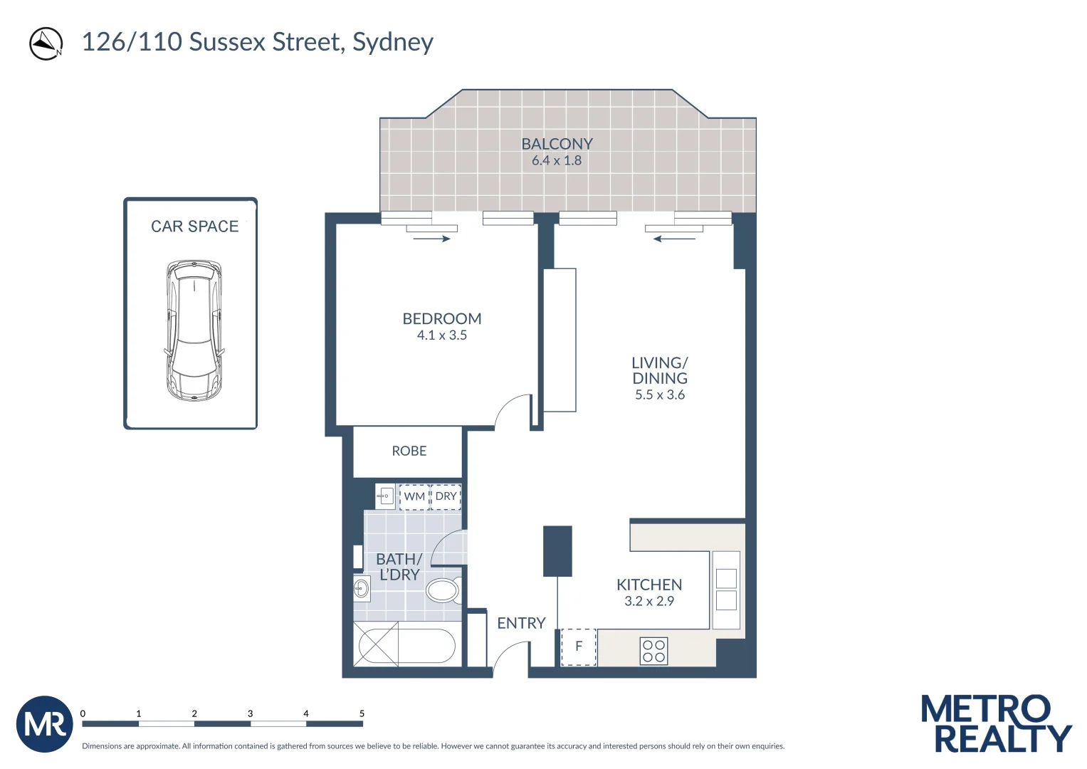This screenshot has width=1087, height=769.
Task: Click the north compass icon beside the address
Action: click(x=46, y=43)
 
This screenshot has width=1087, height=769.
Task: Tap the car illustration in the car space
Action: click(x=194, y=330)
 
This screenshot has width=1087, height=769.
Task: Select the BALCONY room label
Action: click(x=557, y=144)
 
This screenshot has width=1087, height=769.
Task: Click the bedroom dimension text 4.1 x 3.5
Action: click(x=441, y=335)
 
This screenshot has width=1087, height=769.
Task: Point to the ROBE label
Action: click(x=409, y=451)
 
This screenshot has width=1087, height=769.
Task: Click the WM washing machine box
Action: click(x=414, y=496)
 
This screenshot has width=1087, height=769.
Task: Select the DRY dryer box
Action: click(x=446, y=496)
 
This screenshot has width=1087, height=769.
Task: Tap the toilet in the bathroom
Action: click(x=443, y=590)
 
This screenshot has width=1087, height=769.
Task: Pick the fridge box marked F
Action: click(x=579, y=647)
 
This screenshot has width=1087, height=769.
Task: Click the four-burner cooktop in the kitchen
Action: click(x=653, y=651)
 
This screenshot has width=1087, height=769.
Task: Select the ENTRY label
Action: click(x=521, y=623)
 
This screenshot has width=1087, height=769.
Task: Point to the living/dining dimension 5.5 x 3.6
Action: click(x=660, y=395)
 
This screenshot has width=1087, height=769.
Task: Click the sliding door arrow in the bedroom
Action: click(x=432, y=239)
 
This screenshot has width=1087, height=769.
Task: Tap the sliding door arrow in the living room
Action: click(x=674, y=239)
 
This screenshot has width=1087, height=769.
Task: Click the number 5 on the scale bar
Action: click(x=362, y=713)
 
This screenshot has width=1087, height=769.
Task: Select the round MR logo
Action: click(x=45, y=724)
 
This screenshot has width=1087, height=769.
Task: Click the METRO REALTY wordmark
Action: click(x=995, y=724)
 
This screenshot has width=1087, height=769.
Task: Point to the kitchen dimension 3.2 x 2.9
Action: click(x=649, y=601)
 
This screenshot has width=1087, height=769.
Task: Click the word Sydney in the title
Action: click(x=393, y=42)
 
